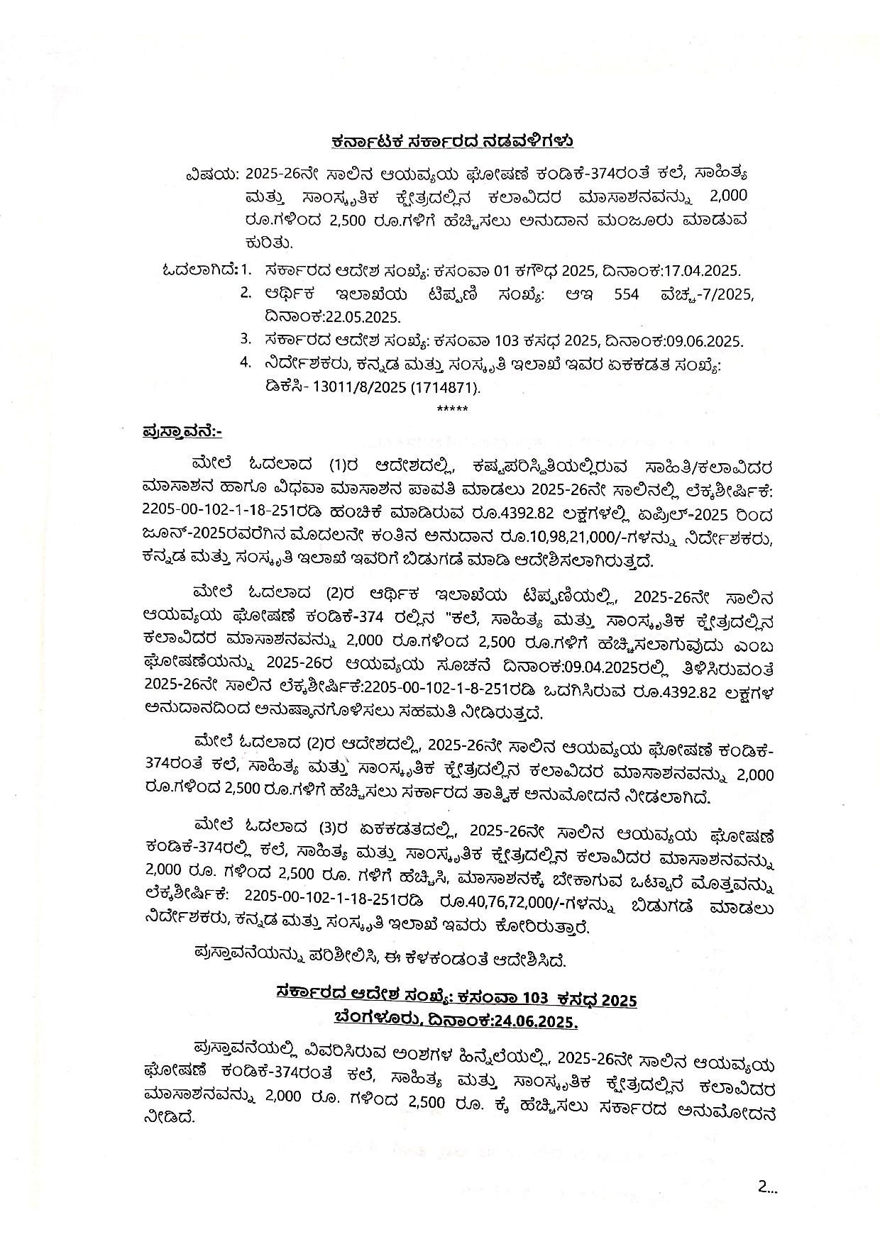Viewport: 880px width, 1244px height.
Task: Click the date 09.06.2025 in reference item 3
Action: tap(704, 340)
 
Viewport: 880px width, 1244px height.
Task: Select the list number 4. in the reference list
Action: tap(246, 362)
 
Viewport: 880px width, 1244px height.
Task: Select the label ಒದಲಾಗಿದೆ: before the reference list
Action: tap(200, 270)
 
